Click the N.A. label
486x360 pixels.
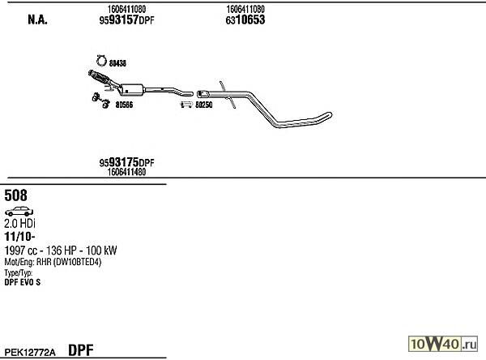point(37,19)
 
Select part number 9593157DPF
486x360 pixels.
point(126,20)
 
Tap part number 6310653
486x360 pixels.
point(245,19)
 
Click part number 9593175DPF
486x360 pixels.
point(126,162)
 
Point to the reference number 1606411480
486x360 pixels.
point(126,172)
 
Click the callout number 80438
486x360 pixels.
point(117,63)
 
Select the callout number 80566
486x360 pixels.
point(124,105)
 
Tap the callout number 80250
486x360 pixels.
point(203,105)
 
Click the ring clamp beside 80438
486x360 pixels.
point(101,61)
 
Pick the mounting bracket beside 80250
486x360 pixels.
point(187,105)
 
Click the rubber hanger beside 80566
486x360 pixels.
point(101,101)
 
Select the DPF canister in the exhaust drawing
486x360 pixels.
point(132,90)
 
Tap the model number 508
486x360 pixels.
point(15,195)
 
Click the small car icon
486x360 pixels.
point(19,212)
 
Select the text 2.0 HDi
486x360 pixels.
point(19,224)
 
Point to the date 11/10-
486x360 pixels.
point(19,237)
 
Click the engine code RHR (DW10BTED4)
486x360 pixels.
point(69,262)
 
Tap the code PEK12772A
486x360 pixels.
point(30,353)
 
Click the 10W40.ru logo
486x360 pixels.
point(443,344)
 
